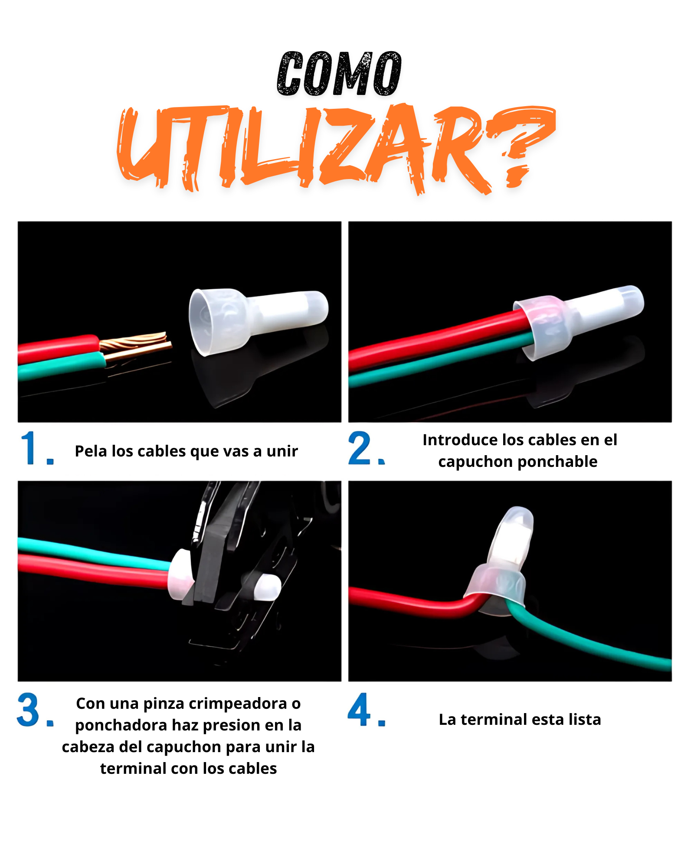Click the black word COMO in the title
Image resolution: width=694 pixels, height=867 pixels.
(x=339, y=74)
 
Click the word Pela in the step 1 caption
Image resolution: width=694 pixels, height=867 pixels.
(x=91, y=451)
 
